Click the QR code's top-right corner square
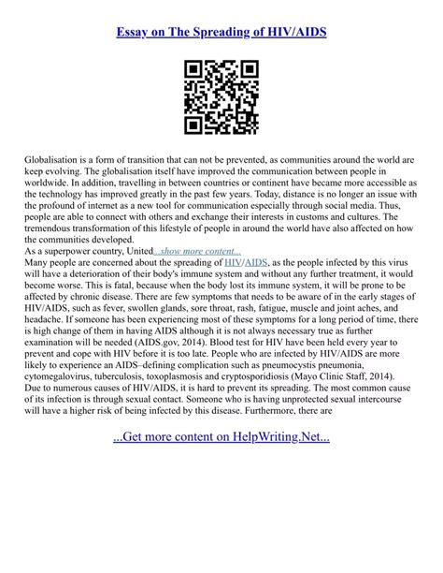pyautogui.click(x=247, y=72)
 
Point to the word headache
pyautogui.click(x=49, y=344)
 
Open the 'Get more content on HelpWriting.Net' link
pyautogui.click(x=221, y=489)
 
